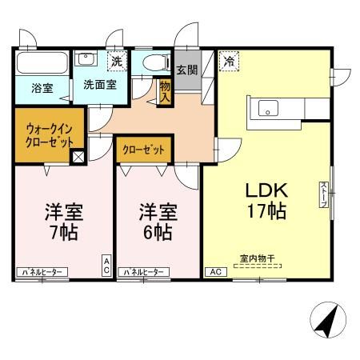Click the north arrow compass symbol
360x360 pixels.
(x=328, y=320)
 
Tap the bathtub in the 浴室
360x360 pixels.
(x=42, y=62)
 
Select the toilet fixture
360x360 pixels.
(x=157, y=63)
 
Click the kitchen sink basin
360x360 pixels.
(x=268, y=108)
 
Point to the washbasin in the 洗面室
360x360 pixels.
(x=86, y=58)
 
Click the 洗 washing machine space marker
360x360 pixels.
(x=117, y=62)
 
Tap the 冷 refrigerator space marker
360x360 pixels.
(x=229, y=62)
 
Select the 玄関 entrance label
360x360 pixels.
(x=187, y=70)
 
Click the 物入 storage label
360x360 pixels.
(x=165, y=92)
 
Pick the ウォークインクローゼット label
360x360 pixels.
(x=50, y=136)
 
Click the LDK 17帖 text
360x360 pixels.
(x=266, y=201)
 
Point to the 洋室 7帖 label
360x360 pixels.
(x=64, y=222)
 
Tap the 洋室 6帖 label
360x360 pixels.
(x=158, y=222)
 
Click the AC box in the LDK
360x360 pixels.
(x=216, y=272)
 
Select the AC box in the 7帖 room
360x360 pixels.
(x=106, y=266)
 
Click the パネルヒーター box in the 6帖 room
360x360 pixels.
(x=144, y=272)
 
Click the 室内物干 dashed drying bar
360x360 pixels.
(x=258, y=266)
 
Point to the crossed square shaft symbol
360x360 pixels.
(x=78, y=157)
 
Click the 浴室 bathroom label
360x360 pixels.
(x=42, y=88)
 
